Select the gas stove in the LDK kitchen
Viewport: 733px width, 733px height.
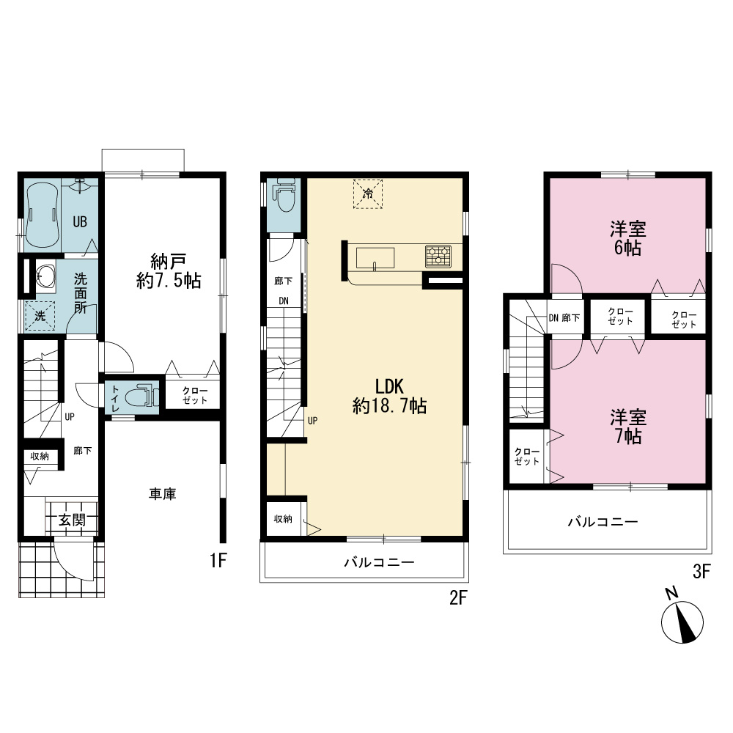(x=438, y=256)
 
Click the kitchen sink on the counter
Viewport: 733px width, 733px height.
(x=375, y=258)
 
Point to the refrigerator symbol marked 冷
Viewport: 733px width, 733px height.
(x=368, y=193)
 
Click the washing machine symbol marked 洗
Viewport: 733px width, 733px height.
(x=40, y=316)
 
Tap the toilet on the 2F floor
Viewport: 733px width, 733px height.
(x=284, y=195)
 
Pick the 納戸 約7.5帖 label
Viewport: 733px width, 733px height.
(x=169, y=271)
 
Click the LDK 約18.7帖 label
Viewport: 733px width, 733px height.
(x=389, y=397)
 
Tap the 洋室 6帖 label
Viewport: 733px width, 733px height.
(x=628, y=238)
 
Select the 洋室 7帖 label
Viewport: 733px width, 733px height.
(x=628, y=427)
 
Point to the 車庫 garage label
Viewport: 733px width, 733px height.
(x=162, y=494)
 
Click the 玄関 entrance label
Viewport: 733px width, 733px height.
(x=72, y=520)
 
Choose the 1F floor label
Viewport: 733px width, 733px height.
(x=218, y=560)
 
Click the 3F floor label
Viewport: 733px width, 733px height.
(x=701, y=571)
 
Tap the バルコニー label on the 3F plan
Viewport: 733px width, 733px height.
(x=603, y=522)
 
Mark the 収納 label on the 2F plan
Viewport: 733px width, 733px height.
(x=283, y=519)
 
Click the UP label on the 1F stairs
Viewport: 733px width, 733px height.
(x=69, y=416)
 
